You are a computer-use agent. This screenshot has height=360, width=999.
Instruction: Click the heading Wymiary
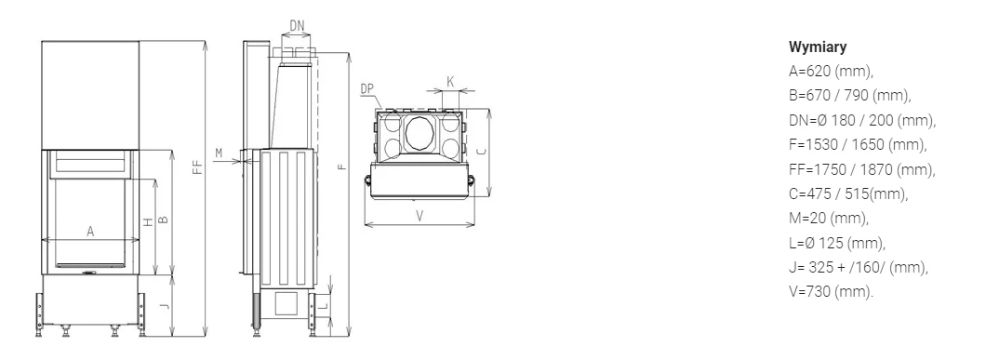tap(818, 47)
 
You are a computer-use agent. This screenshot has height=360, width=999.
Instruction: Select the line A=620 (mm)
tap(831, 71)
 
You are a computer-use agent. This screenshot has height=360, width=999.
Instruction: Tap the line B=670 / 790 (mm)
tap(850, 96)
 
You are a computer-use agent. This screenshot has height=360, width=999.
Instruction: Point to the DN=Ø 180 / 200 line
tap(862, 120)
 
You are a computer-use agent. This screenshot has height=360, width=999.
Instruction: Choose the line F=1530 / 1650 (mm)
tap(858, 144)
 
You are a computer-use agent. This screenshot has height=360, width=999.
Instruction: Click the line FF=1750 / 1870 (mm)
tap(862, 169)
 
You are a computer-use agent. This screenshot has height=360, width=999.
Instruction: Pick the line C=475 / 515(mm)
tap(848, 193)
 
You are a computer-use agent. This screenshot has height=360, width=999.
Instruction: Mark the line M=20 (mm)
tap(829, 219)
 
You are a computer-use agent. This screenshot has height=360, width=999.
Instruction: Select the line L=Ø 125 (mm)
tap(837, 243)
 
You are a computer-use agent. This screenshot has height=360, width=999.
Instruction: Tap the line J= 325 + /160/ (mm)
tap(859, 267)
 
